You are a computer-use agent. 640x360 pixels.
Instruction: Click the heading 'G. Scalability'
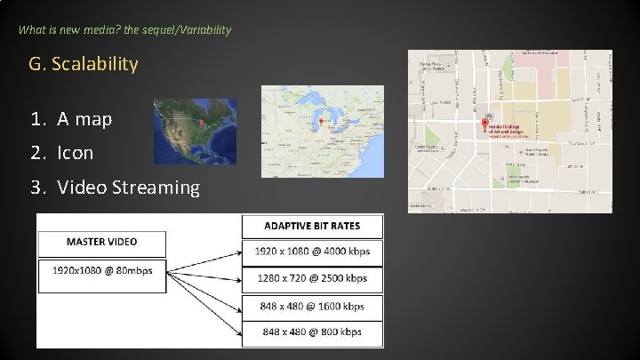(x=84, y=64)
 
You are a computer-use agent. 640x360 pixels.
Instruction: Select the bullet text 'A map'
(x=85, y=118)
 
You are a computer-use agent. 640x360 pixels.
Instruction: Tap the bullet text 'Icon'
(x=76, y=153)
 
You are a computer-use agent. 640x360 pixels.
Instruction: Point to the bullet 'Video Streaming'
(x=129, y=188)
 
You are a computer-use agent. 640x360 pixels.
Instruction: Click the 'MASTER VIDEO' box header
(x=101, y=241)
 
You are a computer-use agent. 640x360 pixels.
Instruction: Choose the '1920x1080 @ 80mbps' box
(x=101, y=269)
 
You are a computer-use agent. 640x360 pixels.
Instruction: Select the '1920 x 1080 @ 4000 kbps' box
(x=313, y=252)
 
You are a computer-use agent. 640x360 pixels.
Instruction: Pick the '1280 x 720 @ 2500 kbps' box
(x=313, y=279)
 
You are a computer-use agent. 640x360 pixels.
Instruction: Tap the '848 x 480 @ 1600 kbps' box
(x=313, y=307)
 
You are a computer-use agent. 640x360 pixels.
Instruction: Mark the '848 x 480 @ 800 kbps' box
(x=313, y=332)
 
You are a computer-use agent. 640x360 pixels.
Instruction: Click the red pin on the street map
(x=484, y=124)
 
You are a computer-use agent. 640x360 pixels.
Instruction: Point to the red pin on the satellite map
(x=201, y=123)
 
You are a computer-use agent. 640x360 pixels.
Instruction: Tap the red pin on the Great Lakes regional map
(x=322, y=121)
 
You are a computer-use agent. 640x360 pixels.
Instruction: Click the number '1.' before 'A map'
(x=36, y=118)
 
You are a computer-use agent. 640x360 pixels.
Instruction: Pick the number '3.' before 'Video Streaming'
(x=36, y=188)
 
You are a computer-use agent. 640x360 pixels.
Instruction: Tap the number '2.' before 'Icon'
(x=36, y=153)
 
